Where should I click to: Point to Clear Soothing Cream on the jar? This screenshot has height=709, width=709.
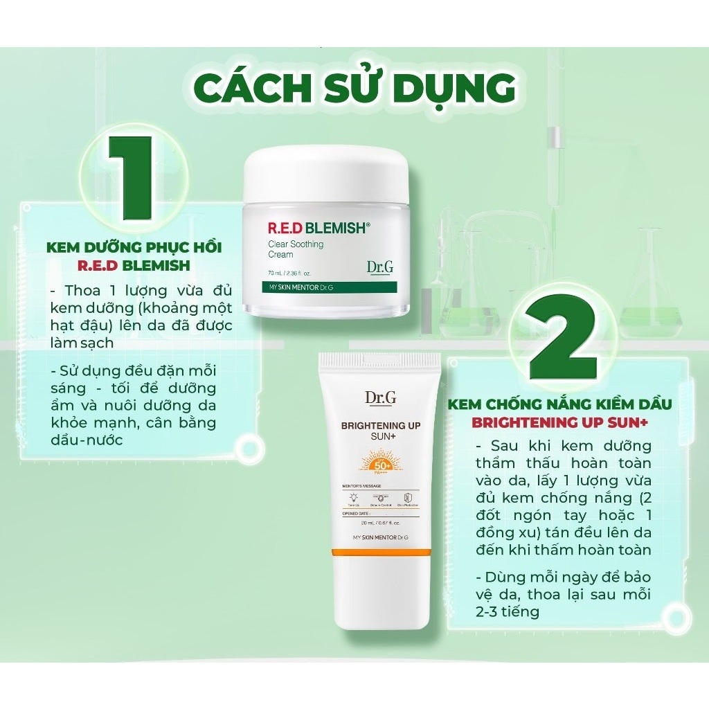tap(296, 249)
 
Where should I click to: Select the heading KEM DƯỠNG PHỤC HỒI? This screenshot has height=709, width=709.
tap(134, 247)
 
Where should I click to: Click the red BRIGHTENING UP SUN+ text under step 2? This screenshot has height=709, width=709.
tap(561, 422)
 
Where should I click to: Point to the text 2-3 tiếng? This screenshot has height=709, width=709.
tap(508, 611)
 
